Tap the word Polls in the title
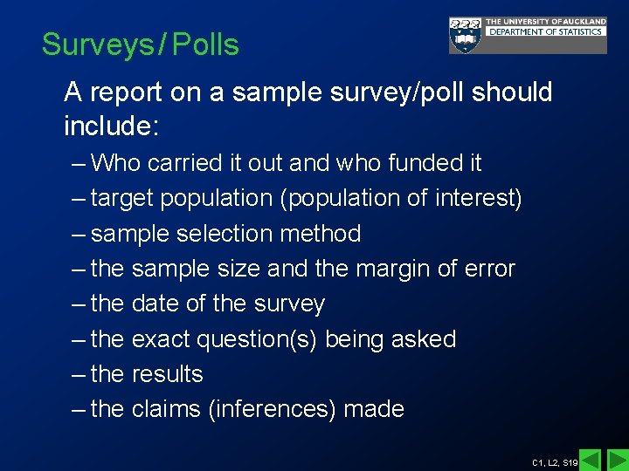click(205, 44)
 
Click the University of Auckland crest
click(465, 36)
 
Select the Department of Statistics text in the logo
click(545, 32)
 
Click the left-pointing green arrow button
click(591, 460)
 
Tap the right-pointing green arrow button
click(617, 460)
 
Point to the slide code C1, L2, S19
click(555, 462)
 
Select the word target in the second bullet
click(125, 199)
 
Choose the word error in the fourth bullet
click(489, 269)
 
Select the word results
click(167, 374)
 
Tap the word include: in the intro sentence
click(111, 127)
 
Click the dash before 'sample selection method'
click(79, 234)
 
